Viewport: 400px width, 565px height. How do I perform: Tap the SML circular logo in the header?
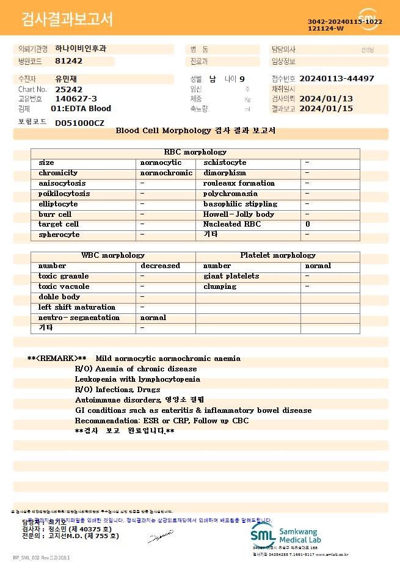[x=368, y=20]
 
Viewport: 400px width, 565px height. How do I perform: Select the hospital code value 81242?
[x=68, y=61]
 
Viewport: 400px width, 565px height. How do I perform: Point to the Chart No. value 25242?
[x=68, y=89]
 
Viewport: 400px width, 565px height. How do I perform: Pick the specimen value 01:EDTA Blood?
[x=81, y=109]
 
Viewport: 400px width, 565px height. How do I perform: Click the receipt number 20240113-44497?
[x=336, y=79]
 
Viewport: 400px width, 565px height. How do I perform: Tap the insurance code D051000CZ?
[x=79, y=123]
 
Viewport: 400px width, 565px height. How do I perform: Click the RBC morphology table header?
[x=195, y=152]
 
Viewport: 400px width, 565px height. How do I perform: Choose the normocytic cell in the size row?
[x=161, y=162]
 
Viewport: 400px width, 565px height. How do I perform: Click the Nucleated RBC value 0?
[x=307, y=224]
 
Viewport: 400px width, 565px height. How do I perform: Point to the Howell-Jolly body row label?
[x=238, y=214]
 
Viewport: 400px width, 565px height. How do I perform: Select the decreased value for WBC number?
[x=160, y=266]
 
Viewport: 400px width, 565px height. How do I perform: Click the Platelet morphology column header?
[x=277, y=255]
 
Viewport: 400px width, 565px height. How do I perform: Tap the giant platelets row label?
[x=231, y=276]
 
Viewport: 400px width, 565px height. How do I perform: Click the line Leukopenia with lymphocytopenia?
[x=137, y=379]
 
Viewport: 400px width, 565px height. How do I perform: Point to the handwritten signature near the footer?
[x=160, y=538]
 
